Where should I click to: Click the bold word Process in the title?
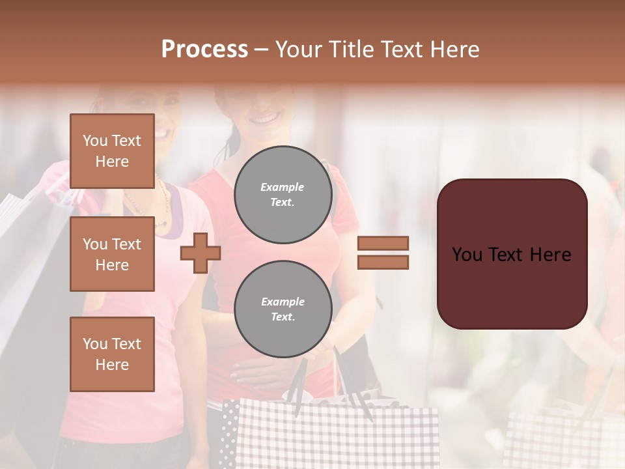[204, 50]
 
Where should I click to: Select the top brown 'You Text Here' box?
[112, 151]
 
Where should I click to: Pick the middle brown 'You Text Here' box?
[112, 254]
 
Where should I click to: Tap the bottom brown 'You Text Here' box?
[112, 354]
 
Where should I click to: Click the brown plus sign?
[200, 253]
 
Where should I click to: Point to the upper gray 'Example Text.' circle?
[283, 195]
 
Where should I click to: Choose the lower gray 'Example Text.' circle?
[283, 309]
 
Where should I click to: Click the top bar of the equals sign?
[383, 243]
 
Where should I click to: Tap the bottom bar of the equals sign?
[383, 262]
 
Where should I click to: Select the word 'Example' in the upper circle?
[283, 187]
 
